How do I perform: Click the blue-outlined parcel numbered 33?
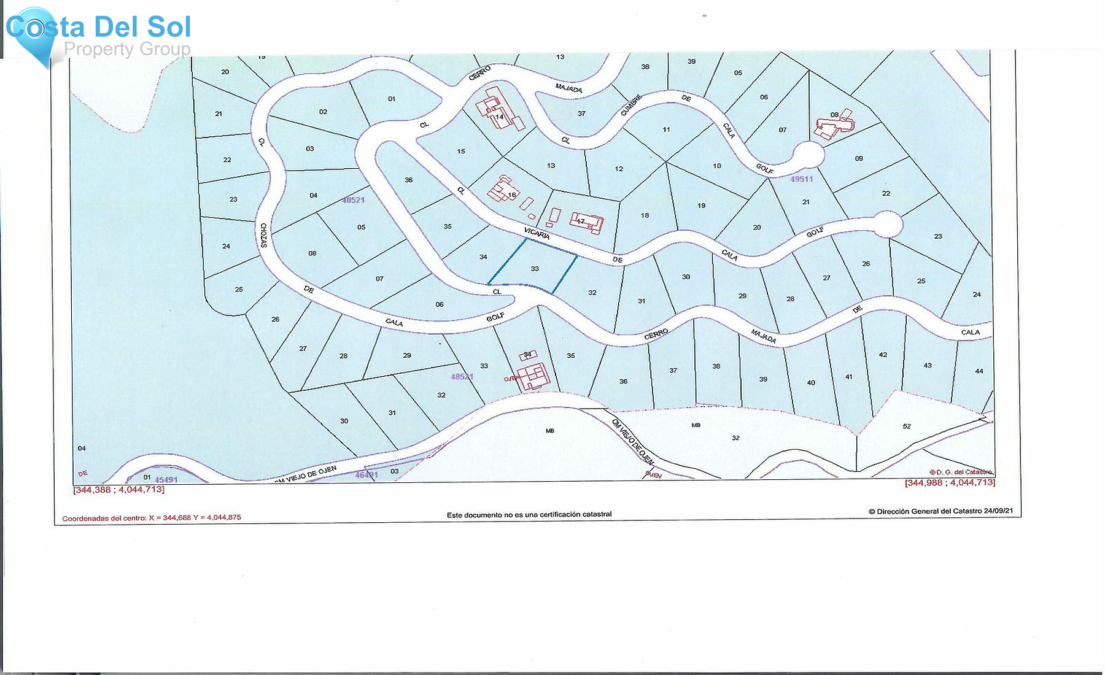533,266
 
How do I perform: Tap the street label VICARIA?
537,233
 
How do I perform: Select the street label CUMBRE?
630,105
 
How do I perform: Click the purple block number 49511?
801,179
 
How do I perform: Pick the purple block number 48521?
353,200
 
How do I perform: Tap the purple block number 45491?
166,480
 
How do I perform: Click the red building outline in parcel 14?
500,110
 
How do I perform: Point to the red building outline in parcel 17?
586,222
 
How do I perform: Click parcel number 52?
907,426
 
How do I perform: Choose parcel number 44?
979,371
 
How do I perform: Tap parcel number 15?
461,151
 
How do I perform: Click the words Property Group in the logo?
127,49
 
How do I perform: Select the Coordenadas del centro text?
152,518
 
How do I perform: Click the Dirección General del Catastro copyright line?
940,511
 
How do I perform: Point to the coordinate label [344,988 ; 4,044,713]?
949,483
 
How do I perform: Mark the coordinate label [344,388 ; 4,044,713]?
118,490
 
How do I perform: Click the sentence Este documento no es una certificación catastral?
529,514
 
